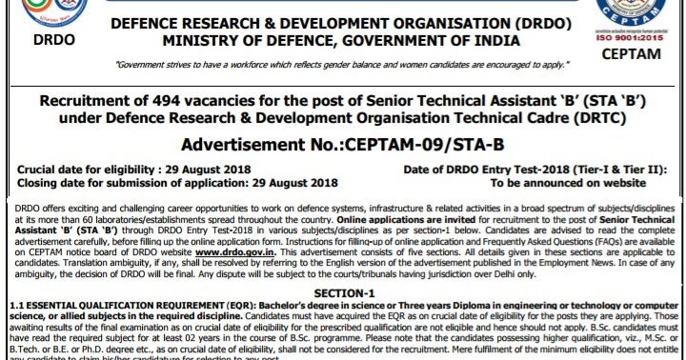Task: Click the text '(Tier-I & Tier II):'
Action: click(x=616, y=169)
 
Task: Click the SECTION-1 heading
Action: click(x=344, y=290)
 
